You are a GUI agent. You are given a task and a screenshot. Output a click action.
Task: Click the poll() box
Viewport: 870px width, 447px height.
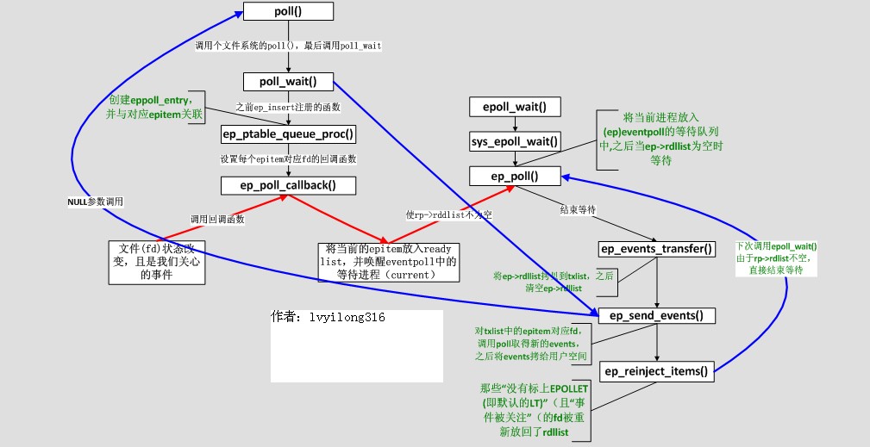pyautogui.click(x=288, y=11)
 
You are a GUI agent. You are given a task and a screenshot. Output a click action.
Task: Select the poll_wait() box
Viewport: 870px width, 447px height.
pyautogui.click(x=288, y=82)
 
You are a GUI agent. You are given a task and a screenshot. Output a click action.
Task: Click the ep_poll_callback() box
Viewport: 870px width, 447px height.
pyautogui.click(x=288, y=184)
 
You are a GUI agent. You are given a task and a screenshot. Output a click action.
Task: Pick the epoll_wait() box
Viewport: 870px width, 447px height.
pyautogui.click(x=515, y=107)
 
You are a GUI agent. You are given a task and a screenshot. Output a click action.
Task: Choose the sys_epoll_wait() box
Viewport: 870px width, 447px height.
pyautogui.click(x=515, y=141)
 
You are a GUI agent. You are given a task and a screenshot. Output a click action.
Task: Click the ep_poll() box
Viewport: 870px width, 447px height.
pyautogui.click(x=515, y=176)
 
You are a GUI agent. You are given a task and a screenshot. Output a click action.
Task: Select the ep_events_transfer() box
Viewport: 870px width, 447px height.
pyautogui.click(x=657, y=249)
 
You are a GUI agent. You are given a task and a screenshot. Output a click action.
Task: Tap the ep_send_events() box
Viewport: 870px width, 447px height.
pyautogui.click(x=657, y=315)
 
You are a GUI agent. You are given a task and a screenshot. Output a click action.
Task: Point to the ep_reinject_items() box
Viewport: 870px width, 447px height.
pyautogui.click(x=657, y=372)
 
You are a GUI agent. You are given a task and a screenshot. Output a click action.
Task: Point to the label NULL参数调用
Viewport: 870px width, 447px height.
pyautogui.click(x=95, y=201)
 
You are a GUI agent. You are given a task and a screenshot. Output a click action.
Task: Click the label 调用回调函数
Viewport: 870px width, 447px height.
pyautogui.click(x=216, y=219)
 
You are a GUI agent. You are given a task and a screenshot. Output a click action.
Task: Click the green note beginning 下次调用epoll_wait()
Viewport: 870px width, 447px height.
pyautogui.click(x=777, y=258)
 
